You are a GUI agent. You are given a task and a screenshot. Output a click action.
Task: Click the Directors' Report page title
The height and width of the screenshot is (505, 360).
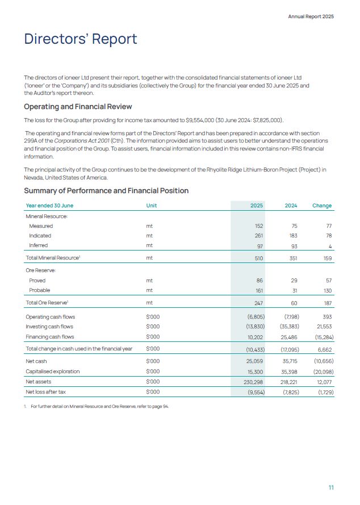[80, 39]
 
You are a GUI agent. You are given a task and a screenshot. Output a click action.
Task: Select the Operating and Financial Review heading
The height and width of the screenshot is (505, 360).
[78, 106]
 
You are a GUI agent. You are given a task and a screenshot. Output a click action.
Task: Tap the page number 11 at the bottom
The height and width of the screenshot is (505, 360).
[331, 487]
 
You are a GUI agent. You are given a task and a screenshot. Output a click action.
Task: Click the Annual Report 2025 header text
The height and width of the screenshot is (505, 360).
[311, 16]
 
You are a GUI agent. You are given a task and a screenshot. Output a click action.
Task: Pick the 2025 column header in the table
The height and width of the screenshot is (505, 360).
[257, 206]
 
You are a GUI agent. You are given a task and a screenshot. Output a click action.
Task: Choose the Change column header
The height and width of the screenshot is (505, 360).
[322, 206]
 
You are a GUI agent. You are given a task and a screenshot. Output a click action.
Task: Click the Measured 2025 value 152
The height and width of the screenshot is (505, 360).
[259, 226]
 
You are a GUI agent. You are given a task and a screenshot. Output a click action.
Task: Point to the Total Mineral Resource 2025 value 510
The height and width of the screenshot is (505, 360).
[259, 258]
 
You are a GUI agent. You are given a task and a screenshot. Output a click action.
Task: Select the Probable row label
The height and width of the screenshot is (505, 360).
[39, 290]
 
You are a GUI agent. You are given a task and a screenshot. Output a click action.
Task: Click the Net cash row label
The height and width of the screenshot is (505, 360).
[37, 361]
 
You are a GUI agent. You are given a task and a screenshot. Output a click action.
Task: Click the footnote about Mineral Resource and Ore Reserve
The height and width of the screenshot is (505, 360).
[99, 406]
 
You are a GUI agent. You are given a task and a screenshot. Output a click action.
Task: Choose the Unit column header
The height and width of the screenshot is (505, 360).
[151, 206]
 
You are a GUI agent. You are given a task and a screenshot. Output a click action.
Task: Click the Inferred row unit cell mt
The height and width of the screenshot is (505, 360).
[149, 245]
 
